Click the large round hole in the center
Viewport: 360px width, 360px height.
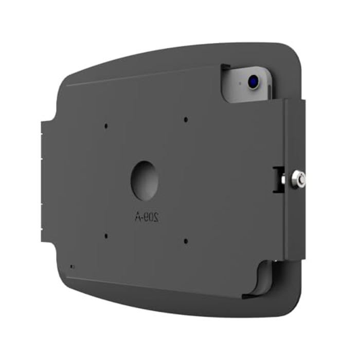point(144,181)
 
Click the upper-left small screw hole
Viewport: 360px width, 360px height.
point(105,125)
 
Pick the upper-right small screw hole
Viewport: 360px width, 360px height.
point(186,119)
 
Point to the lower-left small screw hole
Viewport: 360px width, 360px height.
point(105,236)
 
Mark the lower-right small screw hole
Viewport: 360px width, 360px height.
point(186,240)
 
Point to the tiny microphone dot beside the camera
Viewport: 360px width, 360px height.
point(240,83)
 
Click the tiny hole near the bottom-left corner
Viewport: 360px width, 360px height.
point(71,267)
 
